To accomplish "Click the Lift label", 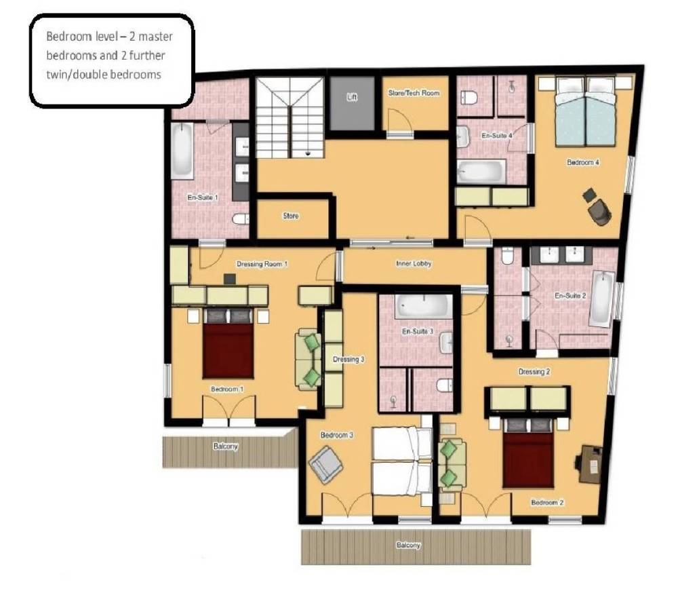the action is coord(352,97).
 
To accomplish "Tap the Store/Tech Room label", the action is coord(414,92).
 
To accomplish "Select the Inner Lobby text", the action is coord(414,263).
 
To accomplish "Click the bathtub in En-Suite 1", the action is coord(182,151).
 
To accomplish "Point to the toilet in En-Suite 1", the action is coord(241,219).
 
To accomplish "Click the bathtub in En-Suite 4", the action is coord(481,172).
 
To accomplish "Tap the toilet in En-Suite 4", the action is coord(468,98).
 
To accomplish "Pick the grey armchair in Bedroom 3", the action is coord(325,465).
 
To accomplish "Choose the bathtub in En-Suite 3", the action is coord(423,306).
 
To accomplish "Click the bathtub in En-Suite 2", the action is coord(602,299).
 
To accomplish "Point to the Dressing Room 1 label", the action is coord(262,264).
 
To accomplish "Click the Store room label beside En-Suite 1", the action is coord(291,216).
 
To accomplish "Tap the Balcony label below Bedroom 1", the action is coord(225,446).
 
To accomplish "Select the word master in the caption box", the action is coord(155,37).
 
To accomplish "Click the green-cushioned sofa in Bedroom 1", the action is coord(308,358).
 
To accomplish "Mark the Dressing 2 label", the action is coord(534,372).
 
